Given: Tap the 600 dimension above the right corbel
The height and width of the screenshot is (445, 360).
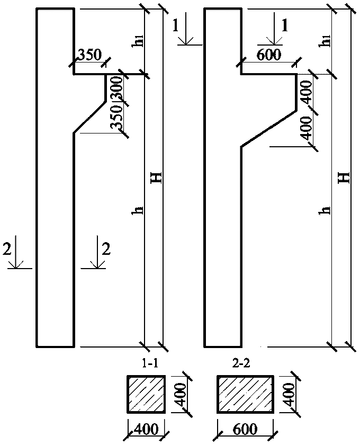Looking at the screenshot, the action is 269,55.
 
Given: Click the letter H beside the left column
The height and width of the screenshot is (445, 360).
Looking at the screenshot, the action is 156,178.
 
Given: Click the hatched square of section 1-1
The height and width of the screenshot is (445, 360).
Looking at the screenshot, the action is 146,393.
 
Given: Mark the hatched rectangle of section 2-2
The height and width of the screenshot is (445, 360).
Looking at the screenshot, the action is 245,393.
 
